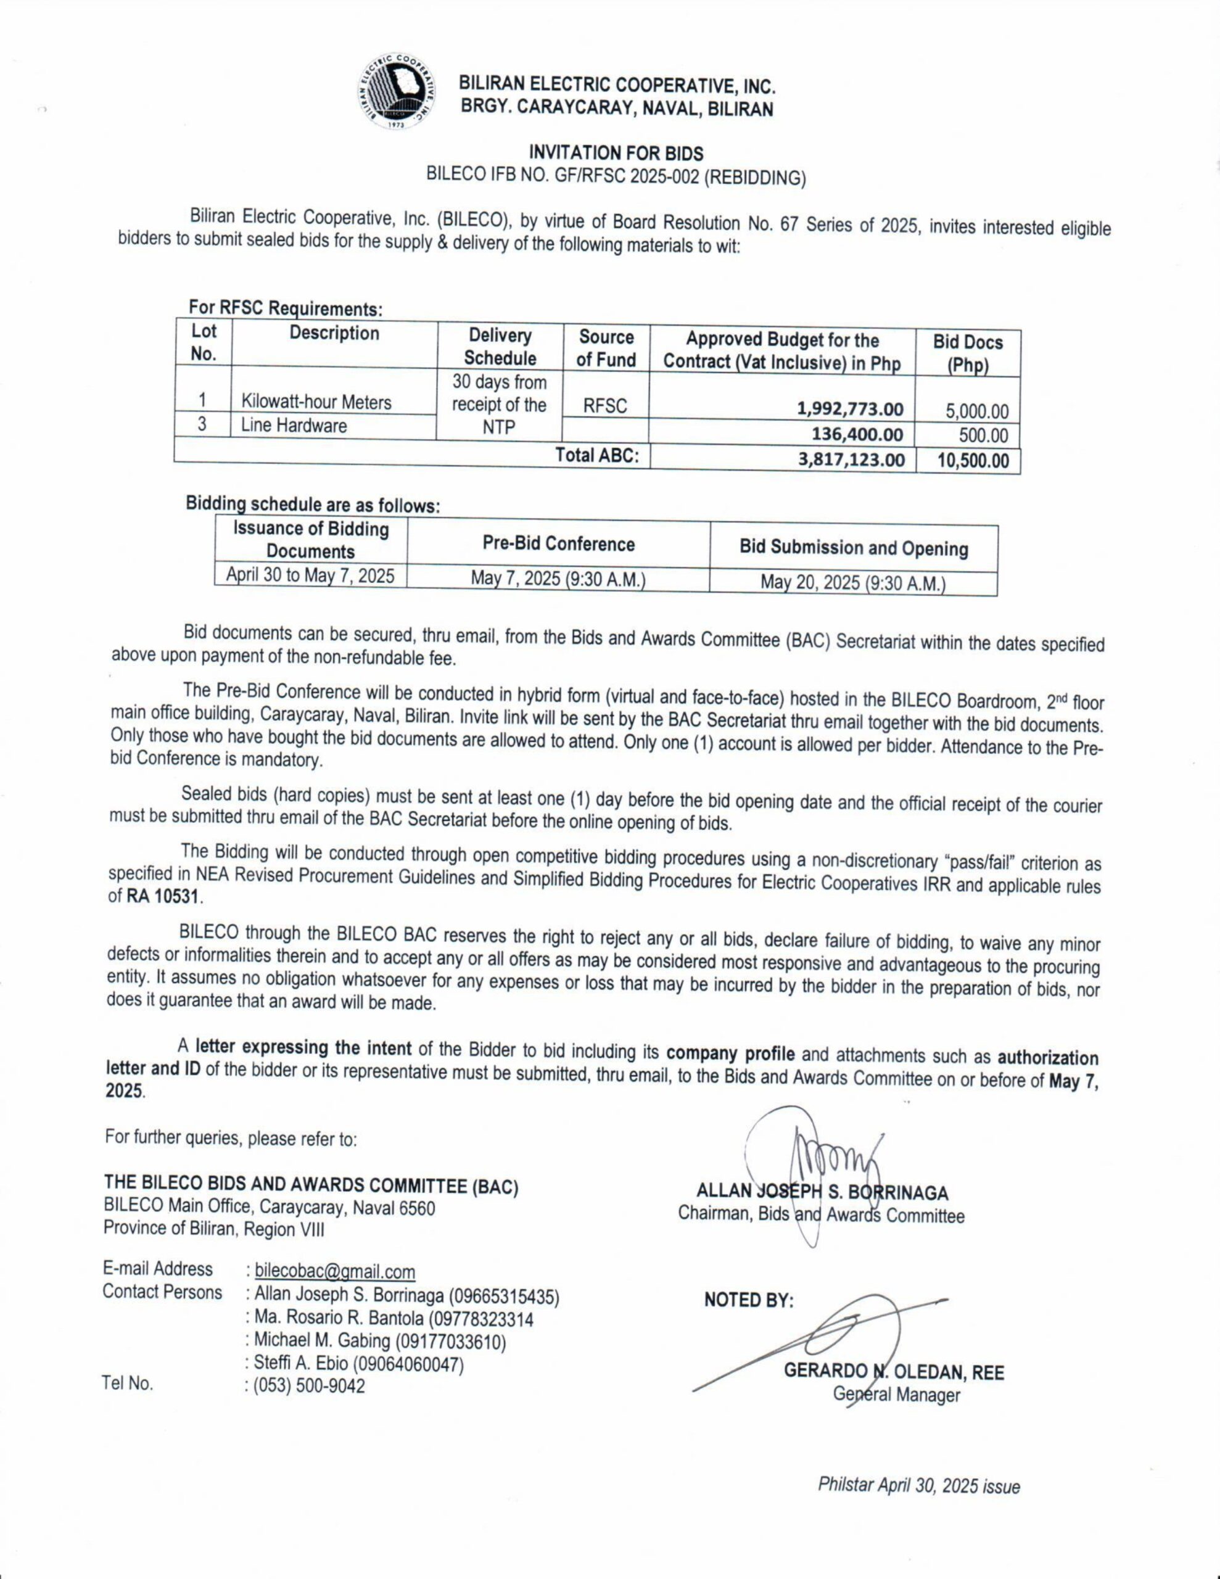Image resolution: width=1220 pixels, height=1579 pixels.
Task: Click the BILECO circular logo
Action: [397, 92]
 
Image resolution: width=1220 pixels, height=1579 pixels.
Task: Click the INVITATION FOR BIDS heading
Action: [616, 153]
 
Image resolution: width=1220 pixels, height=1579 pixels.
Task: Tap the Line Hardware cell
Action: [294, 426]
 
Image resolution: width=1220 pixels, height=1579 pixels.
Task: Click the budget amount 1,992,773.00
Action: [850, 409]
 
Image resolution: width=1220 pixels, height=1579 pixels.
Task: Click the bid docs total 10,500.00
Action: [973, 461]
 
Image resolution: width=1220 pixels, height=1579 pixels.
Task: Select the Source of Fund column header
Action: [606, 348]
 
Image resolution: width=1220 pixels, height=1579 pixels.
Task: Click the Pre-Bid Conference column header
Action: [558, 545]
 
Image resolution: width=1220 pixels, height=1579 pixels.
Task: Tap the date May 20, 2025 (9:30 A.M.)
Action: [852, 583]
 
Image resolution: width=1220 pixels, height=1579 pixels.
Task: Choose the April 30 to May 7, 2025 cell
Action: [310, 575]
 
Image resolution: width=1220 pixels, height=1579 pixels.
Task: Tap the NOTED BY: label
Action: [749, 1301]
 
